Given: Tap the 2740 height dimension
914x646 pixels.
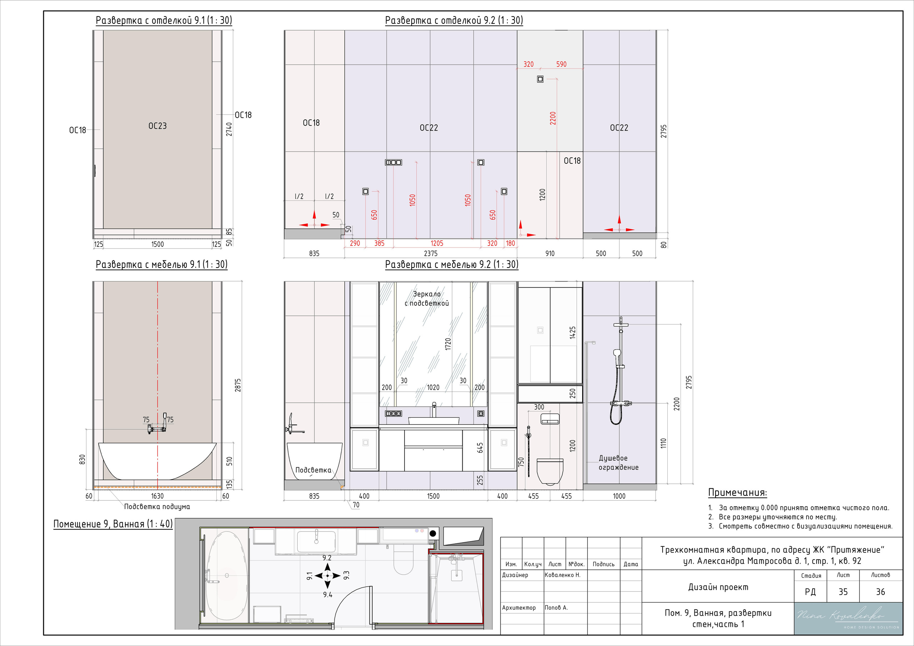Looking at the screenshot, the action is tap(229, 129).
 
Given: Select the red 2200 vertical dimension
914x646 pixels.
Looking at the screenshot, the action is tap(553, 118).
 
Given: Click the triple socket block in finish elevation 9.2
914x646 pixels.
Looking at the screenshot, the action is tap(393, 162).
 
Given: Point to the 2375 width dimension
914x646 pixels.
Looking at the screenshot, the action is tap(430, 253).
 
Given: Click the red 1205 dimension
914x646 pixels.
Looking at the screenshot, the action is tap(437, 243).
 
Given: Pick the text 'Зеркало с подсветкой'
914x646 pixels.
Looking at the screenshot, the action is tap(427, 298).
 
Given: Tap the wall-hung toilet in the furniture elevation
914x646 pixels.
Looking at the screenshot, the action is tap(550, 471).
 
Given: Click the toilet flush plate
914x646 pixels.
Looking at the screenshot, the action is tap(550, 419).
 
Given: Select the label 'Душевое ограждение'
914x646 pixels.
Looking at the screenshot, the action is tap(618, 463).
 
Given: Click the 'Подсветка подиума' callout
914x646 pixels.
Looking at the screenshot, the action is tap(157, 507).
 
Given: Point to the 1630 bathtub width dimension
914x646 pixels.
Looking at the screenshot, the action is tap(157, 495).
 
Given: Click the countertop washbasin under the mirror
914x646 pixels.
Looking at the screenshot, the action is tap(433, 420).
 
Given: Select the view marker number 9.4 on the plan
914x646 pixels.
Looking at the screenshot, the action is tap(328, 595).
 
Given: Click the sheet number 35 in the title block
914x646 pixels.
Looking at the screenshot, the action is tap(843, 591).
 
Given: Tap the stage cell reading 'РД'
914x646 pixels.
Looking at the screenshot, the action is tap(810, 591).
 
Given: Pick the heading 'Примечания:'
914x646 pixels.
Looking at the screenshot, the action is tap(737, 493).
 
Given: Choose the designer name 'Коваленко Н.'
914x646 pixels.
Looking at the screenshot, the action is tap(562, 575).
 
